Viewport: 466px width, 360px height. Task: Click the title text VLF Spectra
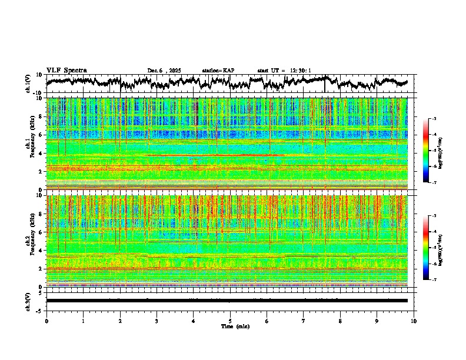[x=65, y=70]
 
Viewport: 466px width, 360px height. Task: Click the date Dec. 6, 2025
[x=165, y=71]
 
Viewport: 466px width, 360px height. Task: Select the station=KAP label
[x=218, y=71]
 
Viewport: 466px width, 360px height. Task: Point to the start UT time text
[x=284, y=71]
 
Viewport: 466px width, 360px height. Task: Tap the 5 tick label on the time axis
[x=230, y=321]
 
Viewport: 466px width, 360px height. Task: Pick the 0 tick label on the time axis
[x=46, y=321]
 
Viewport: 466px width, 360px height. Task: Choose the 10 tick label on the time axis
[x=414, y=321]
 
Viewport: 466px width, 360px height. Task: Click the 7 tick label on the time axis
[x=304, y=321]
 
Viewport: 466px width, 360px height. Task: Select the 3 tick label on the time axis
[x=157, y=321]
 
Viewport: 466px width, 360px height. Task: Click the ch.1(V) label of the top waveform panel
[x=28, y=84]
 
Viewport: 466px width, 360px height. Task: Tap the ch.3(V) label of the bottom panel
[x=28, y=300]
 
